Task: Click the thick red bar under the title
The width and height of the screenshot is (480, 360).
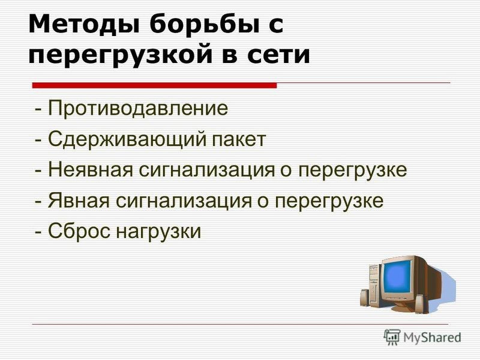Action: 154,85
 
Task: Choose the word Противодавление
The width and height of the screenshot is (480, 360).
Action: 138,108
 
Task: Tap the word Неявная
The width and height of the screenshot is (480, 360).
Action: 91,170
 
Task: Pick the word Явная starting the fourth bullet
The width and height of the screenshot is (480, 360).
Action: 79,201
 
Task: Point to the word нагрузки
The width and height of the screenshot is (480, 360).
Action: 158,232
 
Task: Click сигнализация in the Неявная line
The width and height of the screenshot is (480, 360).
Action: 207,171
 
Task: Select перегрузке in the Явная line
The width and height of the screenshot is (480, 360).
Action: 329,202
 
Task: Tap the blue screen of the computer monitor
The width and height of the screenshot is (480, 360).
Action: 397,277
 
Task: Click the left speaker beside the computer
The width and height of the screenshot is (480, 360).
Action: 365,298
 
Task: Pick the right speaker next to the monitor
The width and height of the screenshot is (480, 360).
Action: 419,304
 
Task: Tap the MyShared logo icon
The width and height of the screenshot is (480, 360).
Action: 392,337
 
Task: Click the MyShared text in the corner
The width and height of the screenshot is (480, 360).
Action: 432,338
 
